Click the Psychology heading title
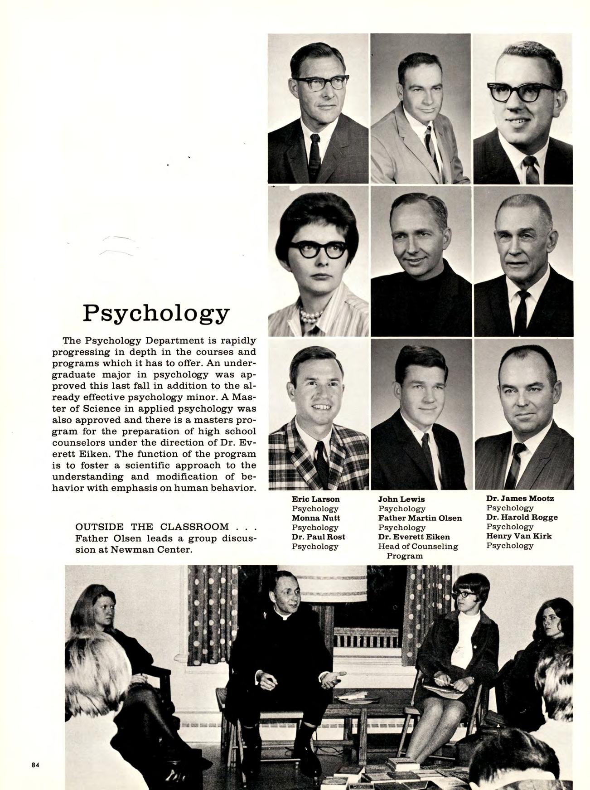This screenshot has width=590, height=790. click(x=156, y=313)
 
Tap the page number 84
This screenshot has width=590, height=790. click(x=35, y=765)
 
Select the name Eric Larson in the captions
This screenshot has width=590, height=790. click(x=315, y=499)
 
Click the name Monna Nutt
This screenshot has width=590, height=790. click(x=316, y=518)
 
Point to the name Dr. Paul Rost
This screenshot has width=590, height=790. click(x=318, y=537)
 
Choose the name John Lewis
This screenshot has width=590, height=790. click(x=401, y=499)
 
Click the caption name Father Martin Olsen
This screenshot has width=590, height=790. click(x=420, y=518)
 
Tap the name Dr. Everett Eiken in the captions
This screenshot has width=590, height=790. click(x=414, y=537)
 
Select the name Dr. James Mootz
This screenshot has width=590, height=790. click(x=520, y=499)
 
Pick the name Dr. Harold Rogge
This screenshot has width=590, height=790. click(x=522, y=517)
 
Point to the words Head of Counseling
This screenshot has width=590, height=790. click(x=418, y=547)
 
